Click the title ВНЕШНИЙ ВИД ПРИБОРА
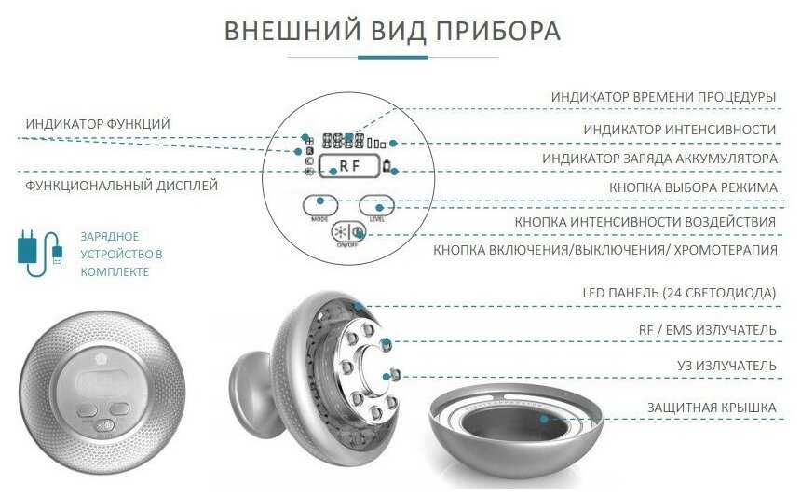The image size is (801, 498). tap(392, 31)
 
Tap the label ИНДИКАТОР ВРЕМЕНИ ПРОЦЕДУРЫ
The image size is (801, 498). tap(663, 97)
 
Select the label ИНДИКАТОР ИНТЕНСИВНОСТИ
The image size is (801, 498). tap(680, 129)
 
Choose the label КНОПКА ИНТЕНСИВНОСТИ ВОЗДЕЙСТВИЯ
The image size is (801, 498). tap(645, 222)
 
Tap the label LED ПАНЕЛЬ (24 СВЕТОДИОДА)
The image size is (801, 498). tap(679, 294)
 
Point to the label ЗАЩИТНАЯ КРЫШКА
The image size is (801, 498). tap(712, 408)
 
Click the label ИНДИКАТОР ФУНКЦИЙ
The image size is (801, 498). tap(98, 124)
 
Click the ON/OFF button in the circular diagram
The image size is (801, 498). tap(349, 235)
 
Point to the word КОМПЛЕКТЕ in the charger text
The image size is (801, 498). tap(115, 271)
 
